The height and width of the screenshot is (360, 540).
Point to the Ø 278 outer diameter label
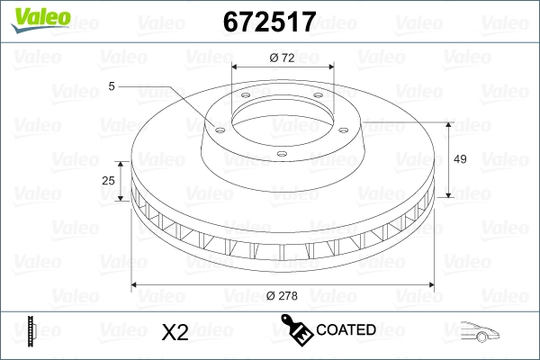pyautogui.click(x=283, y=295)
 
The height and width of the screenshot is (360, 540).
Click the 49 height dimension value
pyautogui.click(x=459, y=158)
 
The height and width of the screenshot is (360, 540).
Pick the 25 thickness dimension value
pyautogui.click(x=109, y=180)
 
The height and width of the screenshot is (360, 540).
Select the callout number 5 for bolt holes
pyautogui.click(x=112, y=85)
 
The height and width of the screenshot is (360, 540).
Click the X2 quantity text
pyautogui.click(x=174, y=332)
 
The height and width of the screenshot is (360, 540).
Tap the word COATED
pyautogui.click(x=346, y=330)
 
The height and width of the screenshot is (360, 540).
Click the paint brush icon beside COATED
pyautogui.click(x=297, y=330)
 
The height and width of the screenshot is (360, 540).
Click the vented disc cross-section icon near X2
pyautogui.click(x=32, y=332)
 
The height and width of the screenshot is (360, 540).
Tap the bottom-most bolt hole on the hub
pyautogui.click(x=281, y=154)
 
